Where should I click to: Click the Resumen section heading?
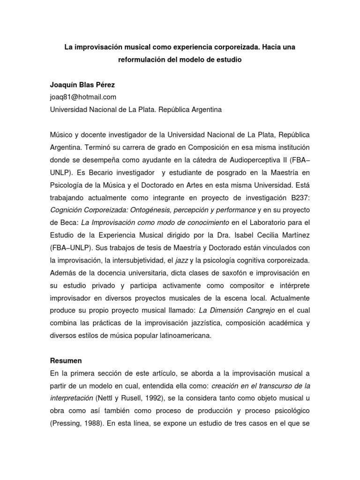click(66, 360)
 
